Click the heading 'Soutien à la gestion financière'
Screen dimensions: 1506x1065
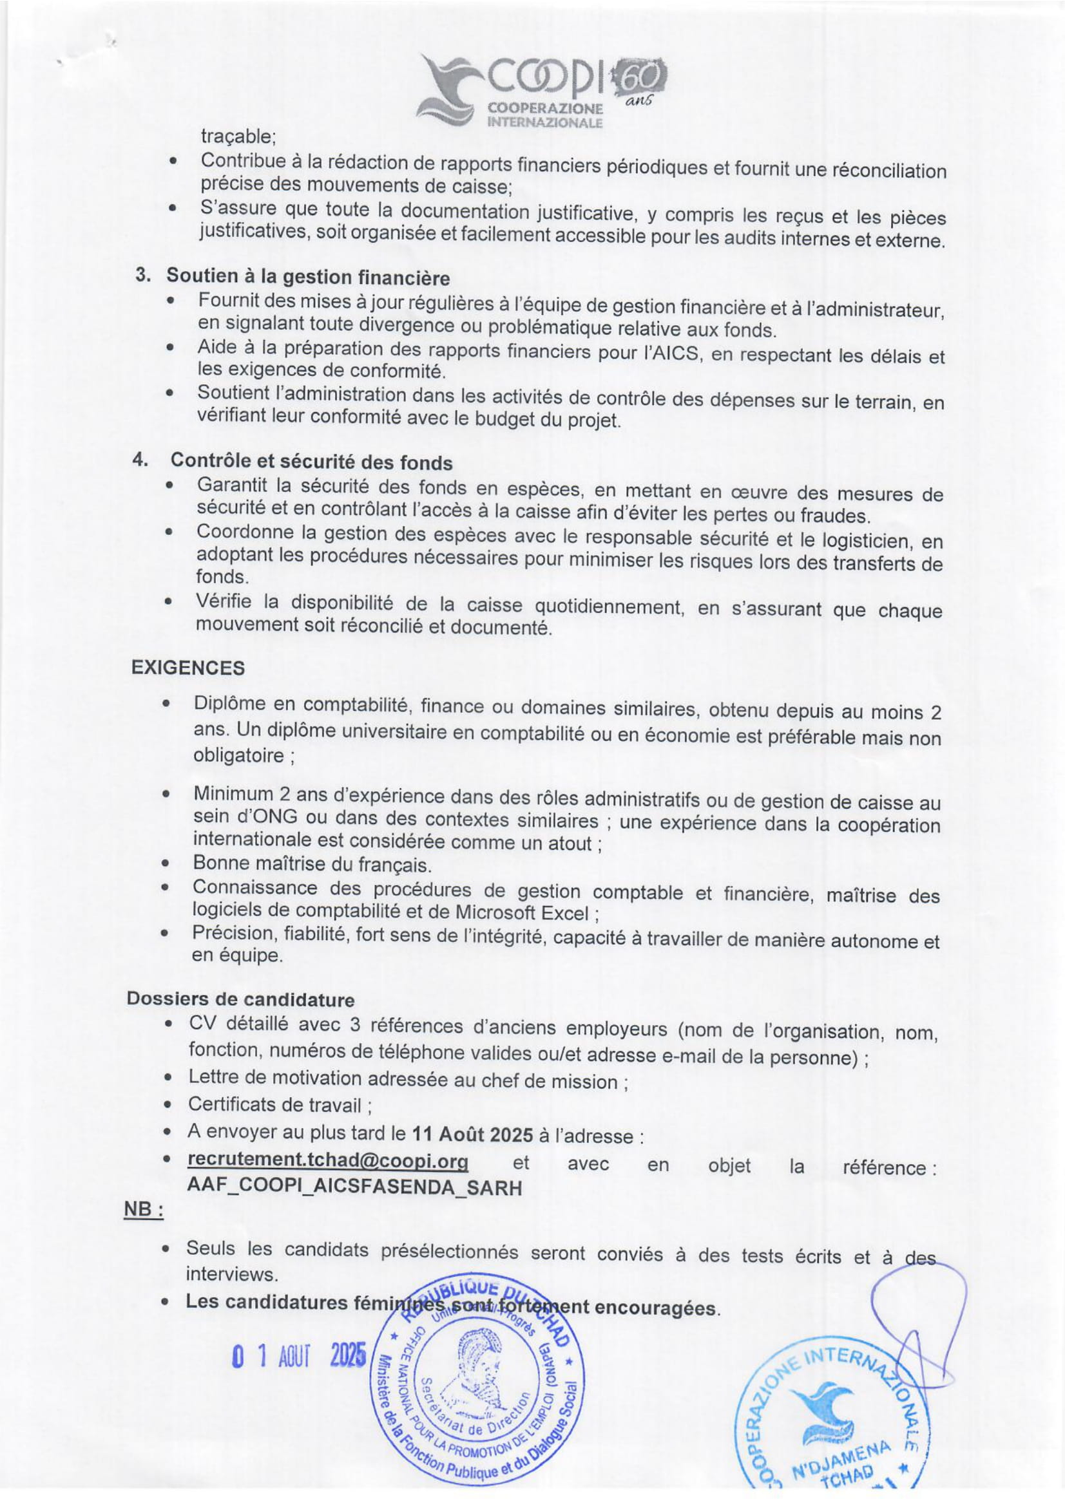tap(308, 278)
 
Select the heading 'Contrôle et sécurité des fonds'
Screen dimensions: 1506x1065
tap(312, 462)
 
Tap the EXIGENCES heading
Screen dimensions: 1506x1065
tap(187, 668)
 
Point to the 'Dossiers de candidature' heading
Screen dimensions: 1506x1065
tap(240, 1000)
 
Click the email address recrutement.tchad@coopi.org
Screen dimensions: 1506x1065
tap(327, 1160)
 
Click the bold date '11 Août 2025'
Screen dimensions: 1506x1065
tap(472, 1134)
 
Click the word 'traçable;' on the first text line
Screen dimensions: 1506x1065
tap(238, 137)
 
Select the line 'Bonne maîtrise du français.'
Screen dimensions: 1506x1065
tap(312, 865)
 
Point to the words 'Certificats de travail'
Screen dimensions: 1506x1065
tap(276, 1106)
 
